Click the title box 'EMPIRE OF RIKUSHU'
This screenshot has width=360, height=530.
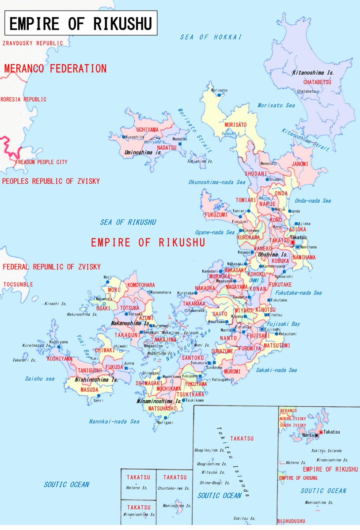[x=81, y=23]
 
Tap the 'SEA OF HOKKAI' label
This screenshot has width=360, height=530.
[x=211, y=37]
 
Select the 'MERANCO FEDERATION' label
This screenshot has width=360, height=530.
[x=55, y=69]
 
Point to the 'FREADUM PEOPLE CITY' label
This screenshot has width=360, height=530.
[x=41, y=162]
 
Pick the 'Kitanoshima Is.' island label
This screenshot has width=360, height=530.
[x=312, y=72]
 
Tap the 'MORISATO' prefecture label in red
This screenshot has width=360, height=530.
[x=235, y=125]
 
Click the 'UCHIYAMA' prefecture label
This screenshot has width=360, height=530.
[x=148, y=129]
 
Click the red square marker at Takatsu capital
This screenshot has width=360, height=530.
[x=292, y=243]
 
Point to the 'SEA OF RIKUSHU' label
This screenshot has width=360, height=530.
[x=128, y=222]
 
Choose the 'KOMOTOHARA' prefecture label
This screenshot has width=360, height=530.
[x=141, y=285]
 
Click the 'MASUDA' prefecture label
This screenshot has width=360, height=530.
[x=89, y=390]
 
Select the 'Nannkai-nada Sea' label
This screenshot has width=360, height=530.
[x=114, y=421]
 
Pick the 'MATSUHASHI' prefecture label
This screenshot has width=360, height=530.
[x=163, y=409]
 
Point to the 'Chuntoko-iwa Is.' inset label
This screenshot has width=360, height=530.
[x=174, y=488]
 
